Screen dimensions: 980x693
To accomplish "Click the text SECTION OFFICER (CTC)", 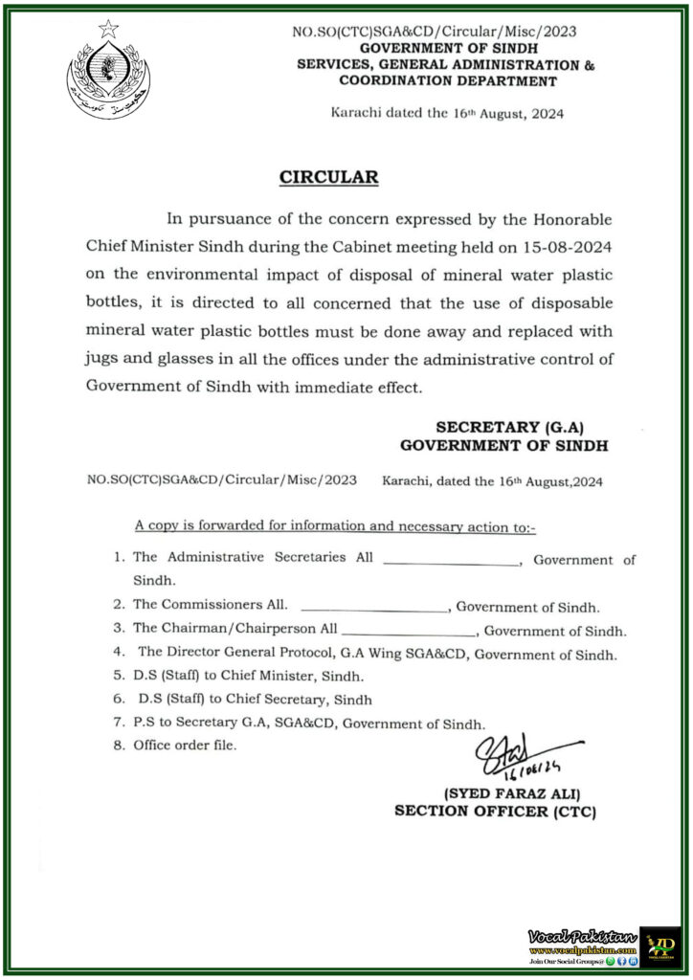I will [496, 812].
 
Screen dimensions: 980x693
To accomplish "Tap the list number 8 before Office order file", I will [119, 745].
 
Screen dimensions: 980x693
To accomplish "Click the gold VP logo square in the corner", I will [660, 946].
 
